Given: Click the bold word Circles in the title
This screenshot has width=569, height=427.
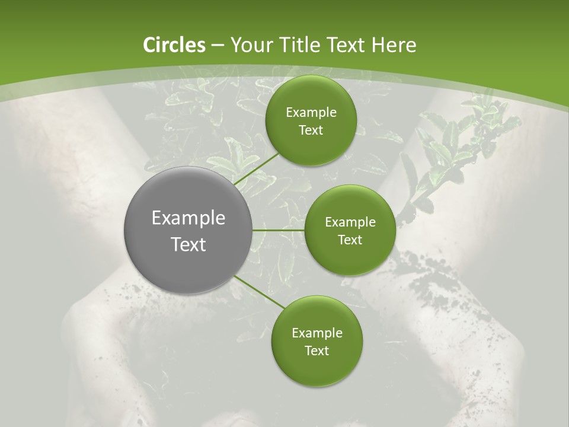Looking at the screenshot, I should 174,45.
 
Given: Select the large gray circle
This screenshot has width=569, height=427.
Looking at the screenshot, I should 188,230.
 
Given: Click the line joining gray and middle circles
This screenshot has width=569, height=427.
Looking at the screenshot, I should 279,230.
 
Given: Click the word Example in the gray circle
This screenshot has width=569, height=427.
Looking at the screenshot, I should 188,218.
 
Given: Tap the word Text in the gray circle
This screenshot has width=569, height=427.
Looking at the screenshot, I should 188,244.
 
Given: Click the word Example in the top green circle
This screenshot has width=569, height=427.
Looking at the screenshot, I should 311,113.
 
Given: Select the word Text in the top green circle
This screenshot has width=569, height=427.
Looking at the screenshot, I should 311,130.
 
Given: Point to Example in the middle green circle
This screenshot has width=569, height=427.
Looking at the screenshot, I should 350,222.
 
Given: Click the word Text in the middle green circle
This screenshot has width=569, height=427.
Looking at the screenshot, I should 350,240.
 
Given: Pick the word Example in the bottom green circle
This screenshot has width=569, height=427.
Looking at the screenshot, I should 317,333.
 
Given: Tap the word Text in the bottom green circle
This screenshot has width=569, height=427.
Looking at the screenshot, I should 317,351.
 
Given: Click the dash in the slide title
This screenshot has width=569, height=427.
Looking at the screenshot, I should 218,45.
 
